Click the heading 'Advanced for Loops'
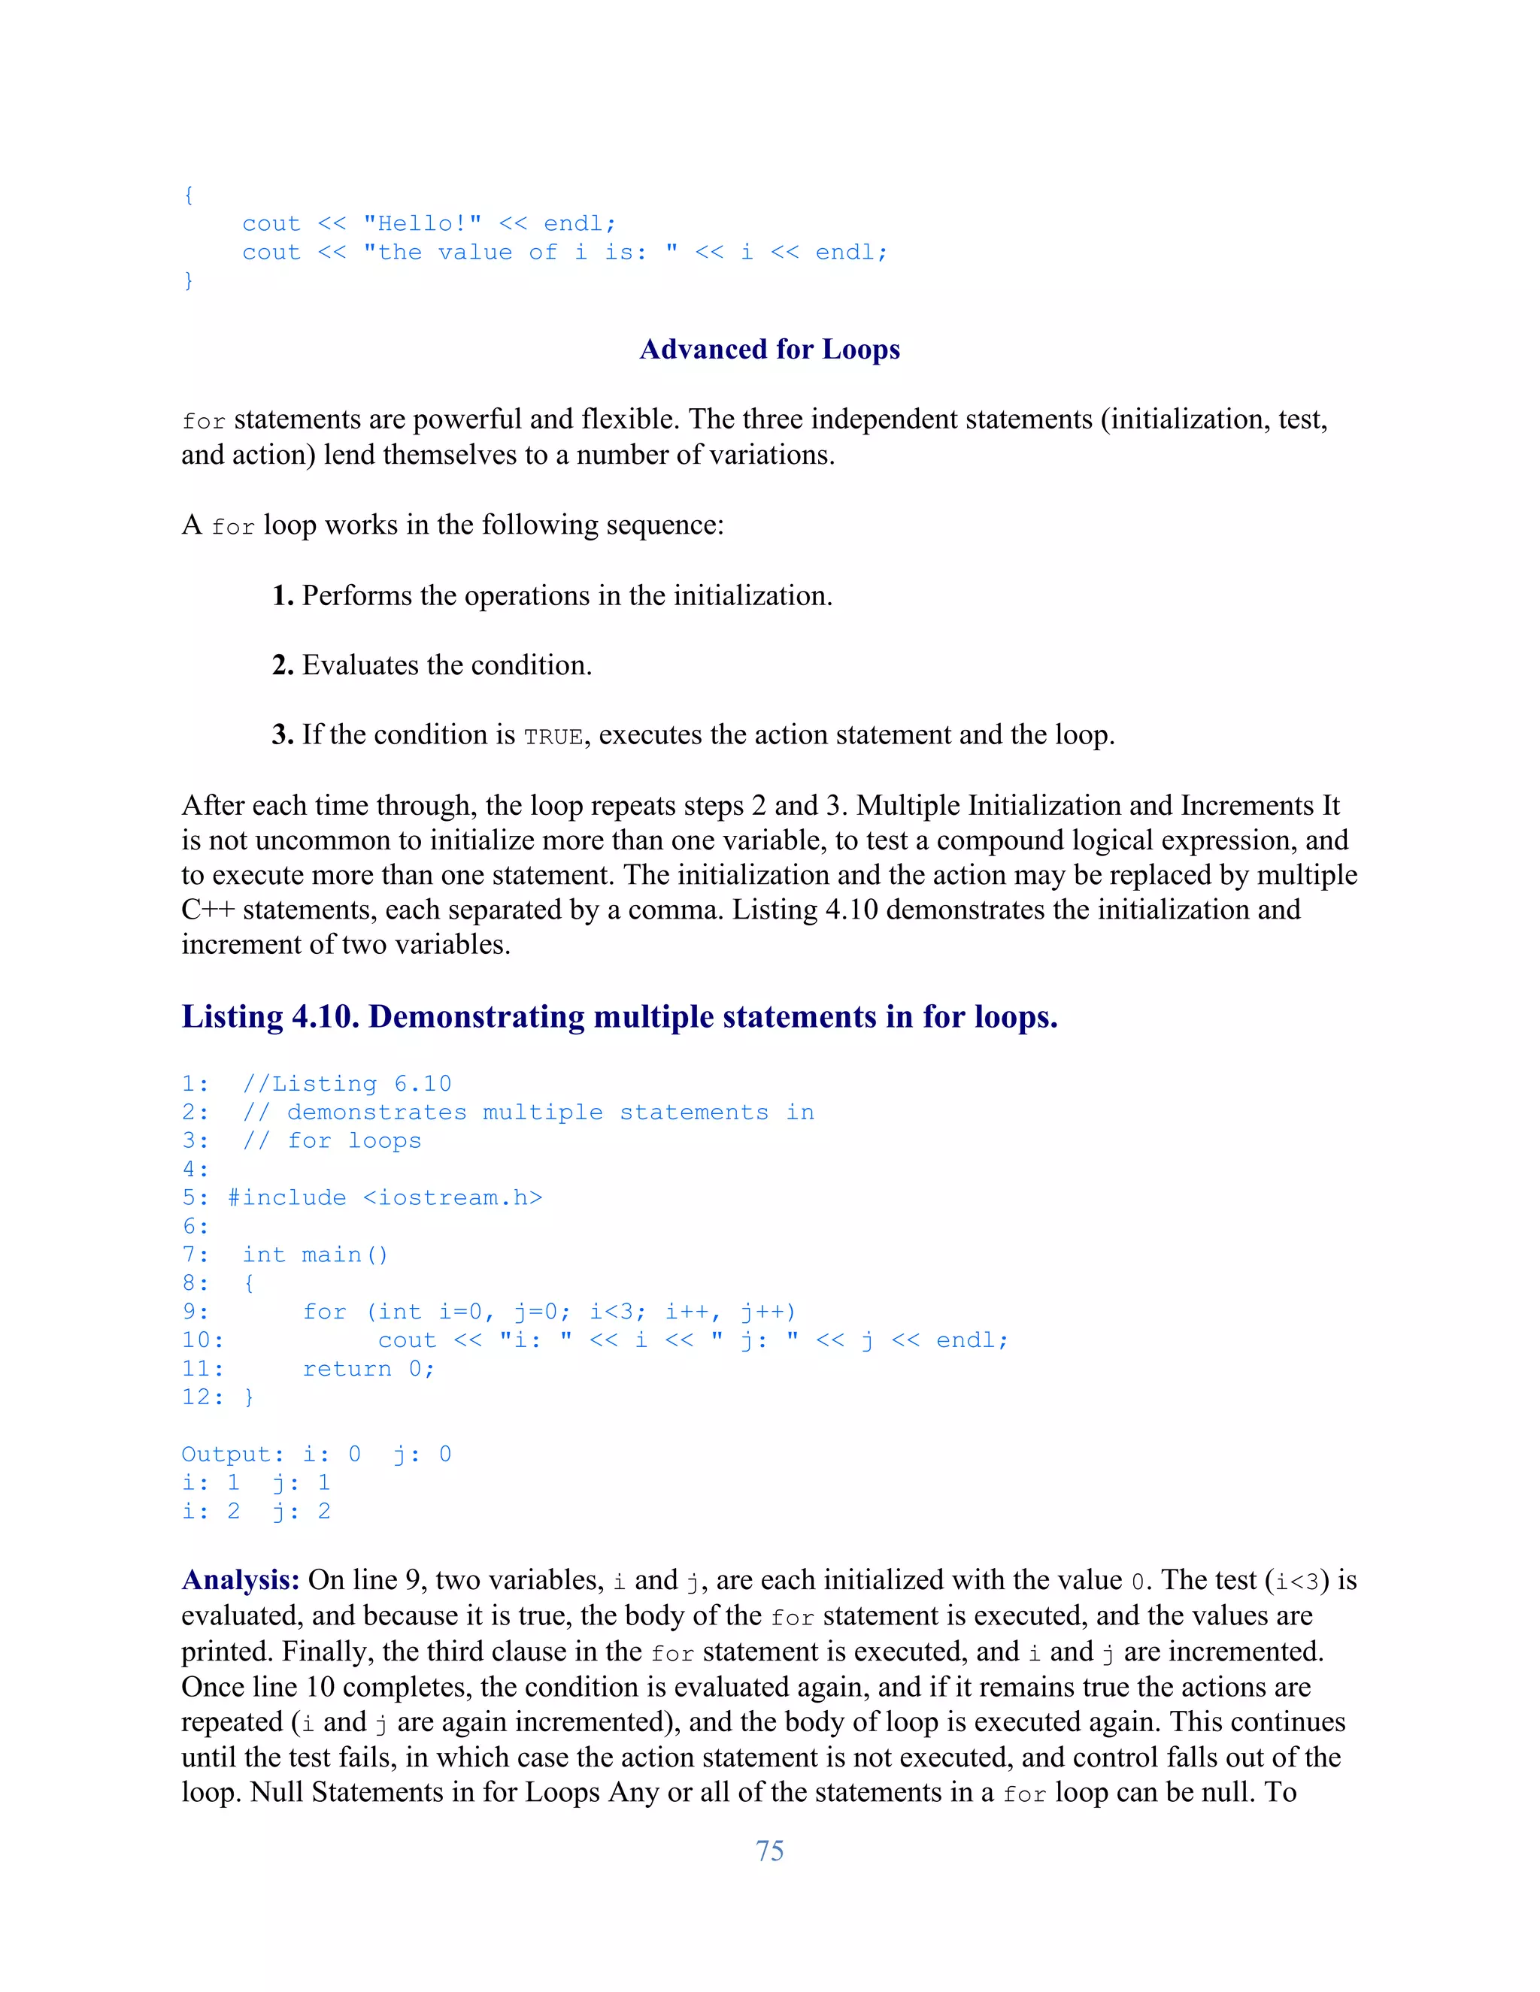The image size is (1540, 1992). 769,350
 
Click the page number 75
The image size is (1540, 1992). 769,1851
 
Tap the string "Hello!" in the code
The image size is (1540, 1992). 422,223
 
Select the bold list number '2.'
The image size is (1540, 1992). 283,665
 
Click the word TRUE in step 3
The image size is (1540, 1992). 553,737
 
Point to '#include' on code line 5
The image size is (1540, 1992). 286,1197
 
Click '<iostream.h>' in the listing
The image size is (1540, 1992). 453,1197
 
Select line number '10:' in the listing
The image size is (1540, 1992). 202,1340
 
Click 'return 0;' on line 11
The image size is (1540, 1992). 368,1368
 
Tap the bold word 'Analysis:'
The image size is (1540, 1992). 240,1580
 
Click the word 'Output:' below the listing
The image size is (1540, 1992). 232,1454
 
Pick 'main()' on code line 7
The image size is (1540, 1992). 345,1255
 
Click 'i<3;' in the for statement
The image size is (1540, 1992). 617,1312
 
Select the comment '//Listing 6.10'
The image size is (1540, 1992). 347,1083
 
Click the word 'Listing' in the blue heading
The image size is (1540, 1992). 232,1016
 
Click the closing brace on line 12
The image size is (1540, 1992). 249,1397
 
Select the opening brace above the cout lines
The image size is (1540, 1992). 188,195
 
